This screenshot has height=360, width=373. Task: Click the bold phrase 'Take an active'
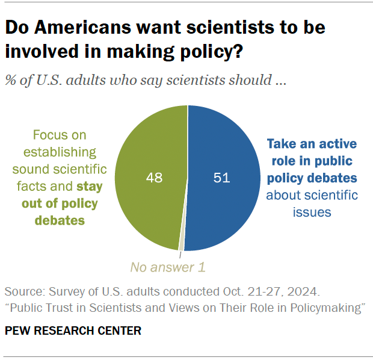click(x=312, y=144)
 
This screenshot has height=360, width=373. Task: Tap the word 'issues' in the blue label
click(x=311, y=213)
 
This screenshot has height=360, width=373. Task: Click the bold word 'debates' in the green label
click(x=59, y=220)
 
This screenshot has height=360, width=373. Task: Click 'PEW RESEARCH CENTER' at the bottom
click(x=73, y=331)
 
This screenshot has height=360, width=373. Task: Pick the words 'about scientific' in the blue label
click(x=312, y=195)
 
